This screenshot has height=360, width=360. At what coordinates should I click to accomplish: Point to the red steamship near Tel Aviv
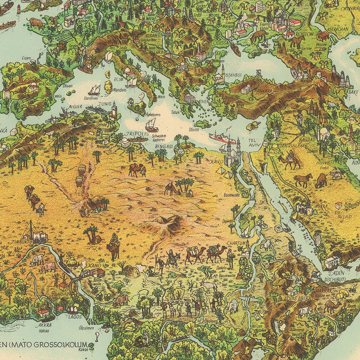(222, 139)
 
